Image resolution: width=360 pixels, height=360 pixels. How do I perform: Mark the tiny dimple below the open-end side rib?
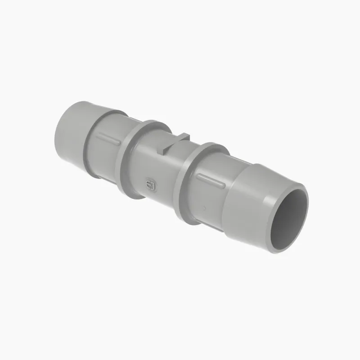coord(204,208)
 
